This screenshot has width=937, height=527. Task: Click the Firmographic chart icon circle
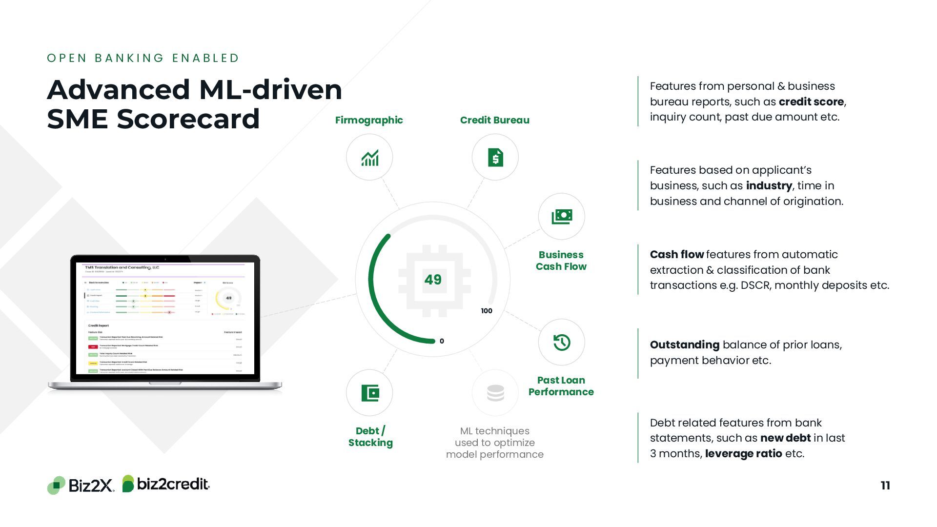tap(369, 158)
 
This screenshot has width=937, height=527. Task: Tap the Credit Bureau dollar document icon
tap(495, 158)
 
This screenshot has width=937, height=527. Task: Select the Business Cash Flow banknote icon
tap(562, 216)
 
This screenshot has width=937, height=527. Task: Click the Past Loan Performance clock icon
tap(562, 343)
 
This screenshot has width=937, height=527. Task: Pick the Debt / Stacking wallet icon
tap(370, 393)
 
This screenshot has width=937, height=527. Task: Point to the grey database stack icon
tap(495, 393)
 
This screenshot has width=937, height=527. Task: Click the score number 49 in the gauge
tap(433, 280)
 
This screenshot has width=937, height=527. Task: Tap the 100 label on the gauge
tap(487, 311)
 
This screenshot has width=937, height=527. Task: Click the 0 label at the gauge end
tap(442, 341)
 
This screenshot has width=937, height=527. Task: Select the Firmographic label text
tap(369, 120)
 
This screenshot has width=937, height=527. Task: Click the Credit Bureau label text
tap(494, 120)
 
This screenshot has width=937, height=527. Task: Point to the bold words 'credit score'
tap(811, 101)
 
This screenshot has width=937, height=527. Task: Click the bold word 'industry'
tap(769, 185)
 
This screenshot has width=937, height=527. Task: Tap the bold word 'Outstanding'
tap(684, 345)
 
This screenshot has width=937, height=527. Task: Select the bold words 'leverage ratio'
tap(743, 453)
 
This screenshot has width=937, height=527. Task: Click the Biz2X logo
tap(81, 485)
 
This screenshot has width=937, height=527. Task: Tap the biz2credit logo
tap(166, 484)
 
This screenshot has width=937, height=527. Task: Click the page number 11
tap(885, 486)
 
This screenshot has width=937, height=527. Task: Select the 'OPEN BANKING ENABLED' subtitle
tap(143, 58)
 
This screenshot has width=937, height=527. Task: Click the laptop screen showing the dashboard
tap(165, 318)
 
